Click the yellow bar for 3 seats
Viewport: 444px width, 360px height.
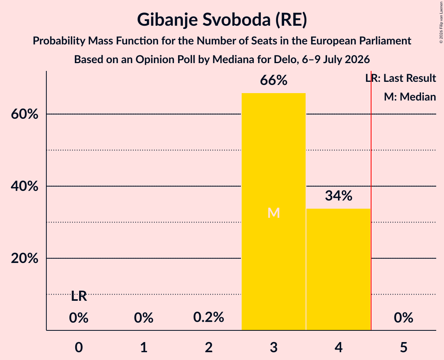[274, 212]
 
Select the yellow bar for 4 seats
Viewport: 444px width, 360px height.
[338, 269]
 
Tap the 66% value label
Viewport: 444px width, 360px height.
[274, 80]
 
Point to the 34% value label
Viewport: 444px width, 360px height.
[338, 196]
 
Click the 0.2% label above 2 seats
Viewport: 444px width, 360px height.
[209, 317]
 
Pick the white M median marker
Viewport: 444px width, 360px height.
[274, 213]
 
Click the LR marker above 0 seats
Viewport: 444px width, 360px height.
[79, 296]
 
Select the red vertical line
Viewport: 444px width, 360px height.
[371, 200]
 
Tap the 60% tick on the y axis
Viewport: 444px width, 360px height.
[25, 114]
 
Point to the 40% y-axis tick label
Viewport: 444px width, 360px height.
[25, 186]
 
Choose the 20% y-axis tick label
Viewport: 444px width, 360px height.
[25, 258]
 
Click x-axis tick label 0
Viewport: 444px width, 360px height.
[79, 348]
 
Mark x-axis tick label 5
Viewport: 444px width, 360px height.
[403, 348]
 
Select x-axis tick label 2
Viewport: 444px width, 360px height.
[209, 348]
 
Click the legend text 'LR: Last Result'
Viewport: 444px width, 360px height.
[401, 78]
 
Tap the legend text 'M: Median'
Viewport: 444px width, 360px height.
[410, 97]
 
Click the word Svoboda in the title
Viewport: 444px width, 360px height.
[235, 20]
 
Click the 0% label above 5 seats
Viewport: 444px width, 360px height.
[403, 317]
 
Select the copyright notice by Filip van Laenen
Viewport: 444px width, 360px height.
[441, 22]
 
